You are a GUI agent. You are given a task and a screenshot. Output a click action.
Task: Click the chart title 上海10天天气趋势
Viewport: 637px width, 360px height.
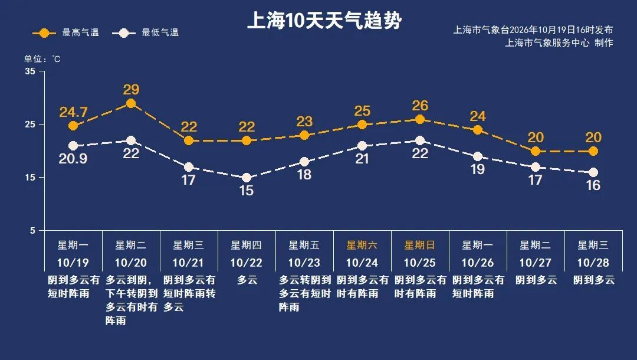pyautogui.click(x=324, y=20)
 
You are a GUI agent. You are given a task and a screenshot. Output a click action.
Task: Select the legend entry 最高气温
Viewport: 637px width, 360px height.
pyautogui.click(x=66, y=32)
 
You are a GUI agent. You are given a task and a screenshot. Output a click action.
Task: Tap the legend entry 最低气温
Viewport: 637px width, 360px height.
pyautogui.click(x=146, y=32)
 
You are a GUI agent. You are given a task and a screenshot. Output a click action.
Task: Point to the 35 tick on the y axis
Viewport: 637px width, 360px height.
pyautogui.click(x=30, y=71)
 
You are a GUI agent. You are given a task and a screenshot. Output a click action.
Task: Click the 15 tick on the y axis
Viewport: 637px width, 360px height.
pyautogui.click(x=30, y=178)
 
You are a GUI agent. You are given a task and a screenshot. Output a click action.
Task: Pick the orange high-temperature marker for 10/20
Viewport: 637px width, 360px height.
pyautogui.click(x=131, y=103)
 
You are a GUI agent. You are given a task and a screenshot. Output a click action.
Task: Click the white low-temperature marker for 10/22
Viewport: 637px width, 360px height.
pyautogui.click(x=246, y=178)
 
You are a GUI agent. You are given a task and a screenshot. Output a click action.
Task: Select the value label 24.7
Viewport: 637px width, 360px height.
pyautogui.click(x=73, y=112)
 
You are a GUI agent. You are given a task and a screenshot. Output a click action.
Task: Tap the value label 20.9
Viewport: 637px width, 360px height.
pyautogui.click(x=73, y=159)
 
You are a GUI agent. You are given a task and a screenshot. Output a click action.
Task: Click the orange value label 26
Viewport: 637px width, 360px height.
pyautogui.click(x=420, y=106)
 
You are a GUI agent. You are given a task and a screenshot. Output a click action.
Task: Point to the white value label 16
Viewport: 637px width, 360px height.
pyautogui.click(x=593, y=185)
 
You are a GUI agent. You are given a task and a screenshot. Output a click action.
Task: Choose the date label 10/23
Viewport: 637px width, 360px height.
pyautogui.click(x=304, y=263)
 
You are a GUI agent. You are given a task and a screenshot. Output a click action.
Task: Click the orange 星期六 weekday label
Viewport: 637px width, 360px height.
pyautogui.click(x=362, y=245)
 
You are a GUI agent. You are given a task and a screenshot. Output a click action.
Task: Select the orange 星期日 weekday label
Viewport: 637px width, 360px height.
pyautogui.click(x=420, y=245)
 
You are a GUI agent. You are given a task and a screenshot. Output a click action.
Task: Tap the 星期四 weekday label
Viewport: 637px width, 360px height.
pyautogui.click(x=246, y=245)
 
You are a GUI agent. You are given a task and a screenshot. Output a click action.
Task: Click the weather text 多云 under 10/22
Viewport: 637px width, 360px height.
pyautogui.click(x=247, y=280)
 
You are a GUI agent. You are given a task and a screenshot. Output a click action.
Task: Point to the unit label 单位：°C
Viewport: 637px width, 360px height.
pyautogui.click(x=42, y=59)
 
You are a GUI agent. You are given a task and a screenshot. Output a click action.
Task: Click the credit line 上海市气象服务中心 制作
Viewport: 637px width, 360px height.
pyautogui.click(x=559, y=42)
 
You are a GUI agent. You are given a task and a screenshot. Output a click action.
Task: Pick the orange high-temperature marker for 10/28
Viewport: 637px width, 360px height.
pyautogui.click(x=593, y=151)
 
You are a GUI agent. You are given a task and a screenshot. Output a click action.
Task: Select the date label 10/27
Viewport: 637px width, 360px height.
pyautogui.click(x=536, y=263)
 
